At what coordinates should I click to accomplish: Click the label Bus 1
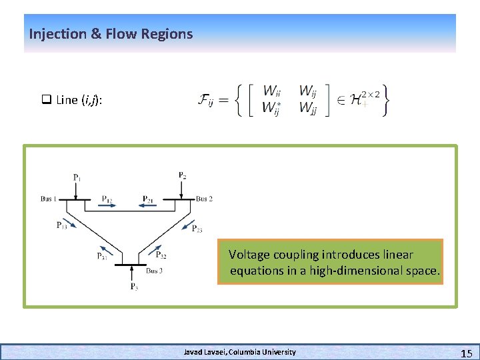(49, 199)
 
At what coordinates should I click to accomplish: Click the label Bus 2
(204, 199)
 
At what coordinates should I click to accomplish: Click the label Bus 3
(154, 271)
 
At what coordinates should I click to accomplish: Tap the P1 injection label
(77, 177)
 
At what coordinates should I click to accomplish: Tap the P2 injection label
(182, 175)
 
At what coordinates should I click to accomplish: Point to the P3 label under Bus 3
(134, 287)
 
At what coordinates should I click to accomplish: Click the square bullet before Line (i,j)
(47, 100)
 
